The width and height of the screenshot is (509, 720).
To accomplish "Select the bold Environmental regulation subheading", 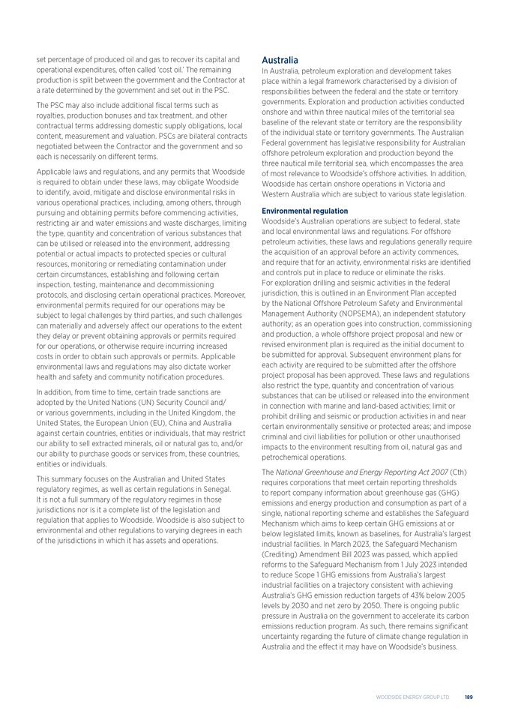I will [x=304, y=211].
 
